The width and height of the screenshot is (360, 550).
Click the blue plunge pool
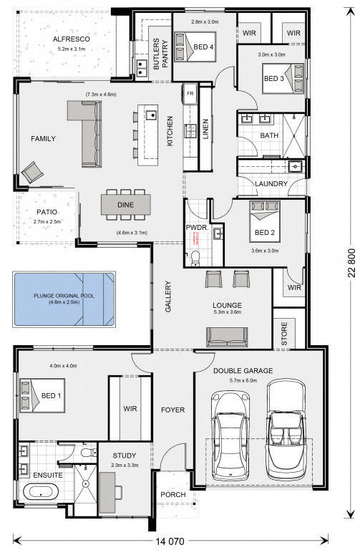[x=64, y=299]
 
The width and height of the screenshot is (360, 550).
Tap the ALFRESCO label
[x=71, y=39]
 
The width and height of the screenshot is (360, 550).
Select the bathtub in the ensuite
[x=40, y=491]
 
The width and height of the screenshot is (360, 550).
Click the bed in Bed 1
[x=42, y=395]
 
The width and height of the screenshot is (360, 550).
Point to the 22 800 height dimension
[x=351, y=263]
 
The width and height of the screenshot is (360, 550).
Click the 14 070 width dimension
[x=170, y=541]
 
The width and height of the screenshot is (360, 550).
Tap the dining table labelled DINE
[x=125, y=205]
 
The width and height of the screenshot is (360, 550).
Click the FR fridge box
[x=190, y=94]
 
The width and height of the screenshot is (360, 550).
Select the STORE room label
[x=284, y=333]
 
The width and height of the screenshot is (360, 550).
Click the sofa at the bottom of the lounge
[x=227, y=337]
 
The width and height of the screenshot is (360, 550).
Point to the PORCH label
[x=172, y=494]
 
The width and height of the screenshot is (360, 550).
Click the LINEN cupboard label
[x=205, y=129]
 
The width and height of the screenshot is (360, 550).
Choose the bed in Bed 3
[x=283, y=78]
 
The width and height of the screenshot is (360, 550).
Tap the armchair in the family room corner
[x=33, y=172]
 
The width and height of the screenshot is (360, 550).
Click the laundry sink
[x=295, y=166]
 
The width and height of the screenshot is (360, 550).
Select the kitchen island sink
[x=152, y=115]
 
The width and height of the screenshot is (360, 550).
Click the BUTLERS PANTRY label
[x=160, y=54]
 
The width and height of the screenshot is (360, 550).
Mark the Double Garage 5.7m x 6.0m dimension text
[x=243, y=380]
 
